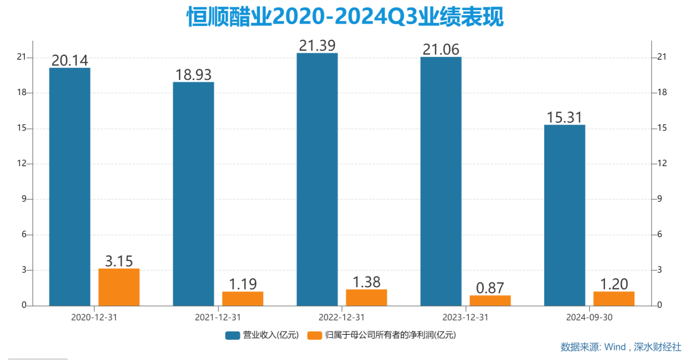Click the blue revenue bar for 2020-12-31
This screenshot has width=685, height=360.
tap(70, 187)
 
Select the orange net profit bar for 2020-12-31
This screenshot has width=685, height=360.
tap(119, 287)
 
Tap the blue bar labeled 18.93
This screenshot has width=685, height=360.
tap(193, 194)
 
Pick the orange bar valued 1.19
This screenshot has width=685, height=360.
tap(242, 299)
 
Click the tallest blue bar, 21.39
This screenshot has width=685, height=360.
tap(317, 179)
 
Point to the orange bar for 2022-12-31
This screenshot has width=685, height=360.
tap(366, 297)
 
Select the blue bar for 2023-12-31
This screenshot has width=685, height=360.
tap(441, 181)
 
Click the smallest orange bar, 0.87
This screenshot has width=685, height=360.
tap(490, 300)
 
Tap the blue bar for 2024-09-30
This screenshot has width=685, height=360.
tap(564, 215)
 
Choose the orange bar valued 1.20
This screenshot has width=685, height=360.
tap(613, 299)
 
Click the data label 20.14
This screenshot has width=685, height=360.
tap(70, 60)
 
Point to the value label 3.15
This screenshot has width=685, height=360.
tap(119, 260)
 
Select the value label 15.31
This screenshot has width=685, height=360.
tap(564, 117)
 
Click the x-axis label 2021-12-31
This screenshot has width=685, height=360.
tap(218, 316)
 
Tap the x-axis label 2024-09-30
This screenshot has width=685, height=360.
tap(589, 316)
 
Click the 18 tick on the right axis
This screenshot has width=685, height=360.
tap(662, 93)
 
